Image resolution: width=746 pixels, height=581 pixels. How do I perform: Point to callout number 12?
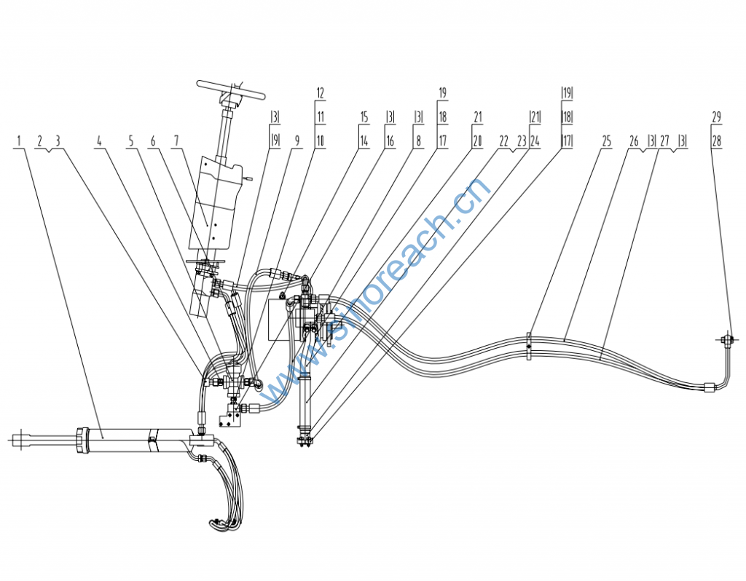pos(320,93)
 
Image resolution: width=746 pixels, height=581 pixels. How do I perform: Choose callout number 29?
pos(716,116)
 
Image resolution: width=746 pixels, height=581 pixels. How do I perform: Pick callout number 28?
pos(716,141)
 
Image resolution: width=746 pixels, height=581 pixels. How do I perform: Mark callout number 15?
pos(364,116)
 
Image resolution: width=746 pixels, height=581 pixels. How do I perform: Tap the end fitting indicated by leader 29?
pos(724,339)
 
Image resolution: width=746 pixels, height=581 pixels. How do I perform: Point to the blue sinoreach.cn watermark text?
pos(379,291)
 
